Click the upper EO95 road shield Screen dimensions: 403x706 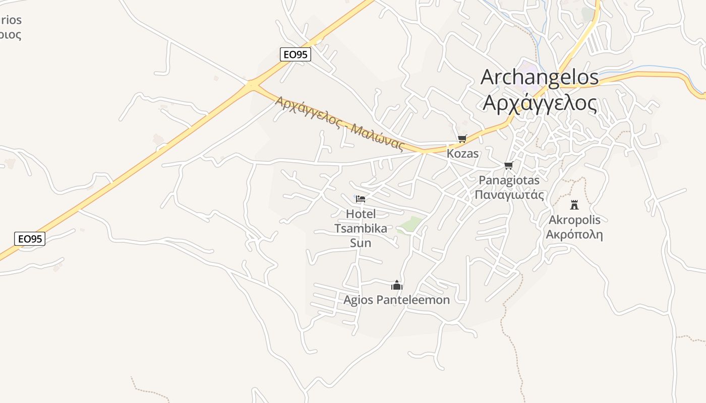(295, 54)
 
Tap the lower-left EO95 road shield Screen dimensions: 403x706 (30, 239)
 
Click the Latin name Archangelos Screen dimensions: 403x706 (540, 77)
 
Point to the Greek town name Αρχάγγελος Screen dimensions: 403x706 (540, 103)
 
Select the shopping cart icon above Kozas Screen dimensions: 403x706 (462, 139)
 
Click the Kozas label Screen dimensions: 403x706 (462, 154)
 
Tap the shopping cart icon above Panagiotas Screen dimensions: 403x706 (508, 165)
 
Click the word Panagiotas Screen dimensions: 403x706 (509, 180)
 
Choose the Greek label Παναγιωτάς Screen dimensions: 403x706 (509, 194)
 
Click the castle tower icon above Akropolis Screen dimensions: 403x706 (574, 205)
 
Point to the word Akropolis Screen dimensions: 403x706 (574, 220)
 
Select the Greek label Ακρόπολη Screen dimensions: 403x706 (574, 234)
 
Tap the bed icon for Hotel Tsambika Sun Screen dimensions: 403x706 (360, 198)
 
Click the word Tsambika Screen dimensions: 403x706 (361, 228)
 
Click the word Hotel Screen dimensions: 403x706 (361, 214)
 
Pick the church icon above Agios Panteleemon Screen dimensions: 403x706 (397, 286)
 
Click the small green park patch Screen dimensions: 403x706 (411, 224)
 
